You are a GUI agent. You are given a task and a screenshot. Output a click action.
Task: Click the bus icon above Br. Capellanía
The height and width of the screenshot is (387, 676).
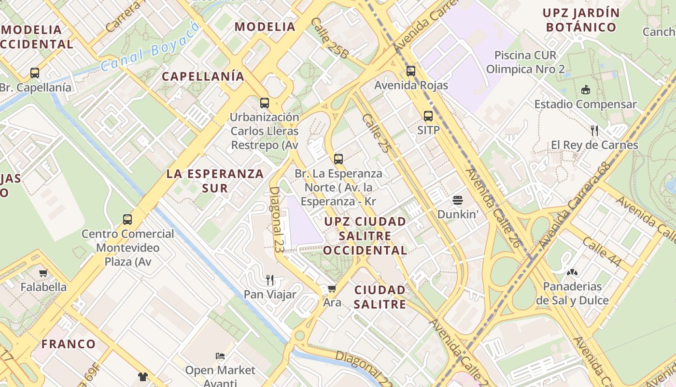35,73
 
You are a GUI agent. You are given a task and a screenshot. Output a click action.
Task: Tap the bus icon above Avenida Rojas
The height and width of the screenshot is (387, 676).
411,71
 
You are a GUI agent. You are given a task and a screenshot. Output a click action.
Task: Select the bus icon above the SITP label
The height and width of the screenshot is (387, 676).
428,116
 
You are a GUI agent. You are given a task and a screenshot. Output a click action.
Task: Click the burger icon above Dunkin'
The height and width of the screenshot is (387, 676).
457,200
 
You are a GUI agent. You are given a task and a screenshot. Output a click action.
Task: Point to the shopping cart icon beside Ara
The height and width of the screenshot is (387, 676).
332,289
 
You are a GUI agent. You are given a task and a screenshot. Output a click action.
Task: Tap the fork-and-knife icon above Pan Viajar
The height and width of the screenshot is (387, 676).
270,280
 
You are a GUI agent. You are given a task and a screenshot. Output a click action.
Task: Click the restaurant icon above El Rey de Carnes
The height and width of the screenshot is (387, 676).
594,130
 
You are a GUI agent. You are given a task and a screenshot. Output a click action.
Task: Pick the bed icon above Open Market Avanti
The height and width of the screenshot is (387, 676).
220,357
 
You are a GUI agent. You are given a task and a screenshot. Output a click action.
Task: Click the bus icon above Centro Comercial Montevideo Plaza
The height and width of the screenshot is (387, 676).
127,220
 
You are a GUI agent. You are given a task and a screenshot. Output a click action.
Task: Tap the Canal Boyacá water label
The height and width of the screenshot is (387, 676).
151,47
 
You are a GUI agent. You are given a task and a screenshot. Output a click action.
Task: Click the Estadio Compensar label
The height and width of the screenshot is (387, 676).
585,104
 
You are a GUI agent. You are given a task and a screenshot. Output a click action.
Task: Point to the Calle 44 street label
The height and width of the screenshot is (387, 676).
602,252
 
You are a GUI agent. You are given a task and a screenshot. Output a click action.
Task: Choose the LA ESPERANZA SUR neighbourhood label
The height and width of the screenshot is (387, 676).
215,181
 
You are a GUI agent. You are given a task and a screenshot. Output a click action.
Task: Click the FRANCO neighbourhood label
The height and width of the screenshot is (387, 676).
69,344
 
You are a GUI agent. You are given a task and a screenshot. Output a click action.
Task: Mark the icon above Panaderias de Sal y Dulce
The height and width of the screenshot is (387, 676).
572,272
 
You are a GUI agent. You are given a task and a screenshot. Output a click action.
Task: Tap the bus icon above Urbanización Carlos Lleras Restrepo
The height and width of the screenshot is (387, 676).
264,103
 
